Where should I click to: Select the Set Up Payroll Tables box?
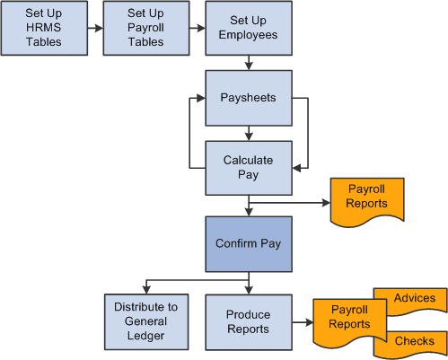(x=146, y=27)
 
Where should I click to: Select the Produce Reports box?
(x=248, y=321)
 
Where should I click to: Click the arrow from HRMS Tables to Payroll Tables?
(x=92, y=28)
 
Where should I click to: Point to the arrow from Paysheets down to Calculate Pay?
(x=248, y=132)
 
